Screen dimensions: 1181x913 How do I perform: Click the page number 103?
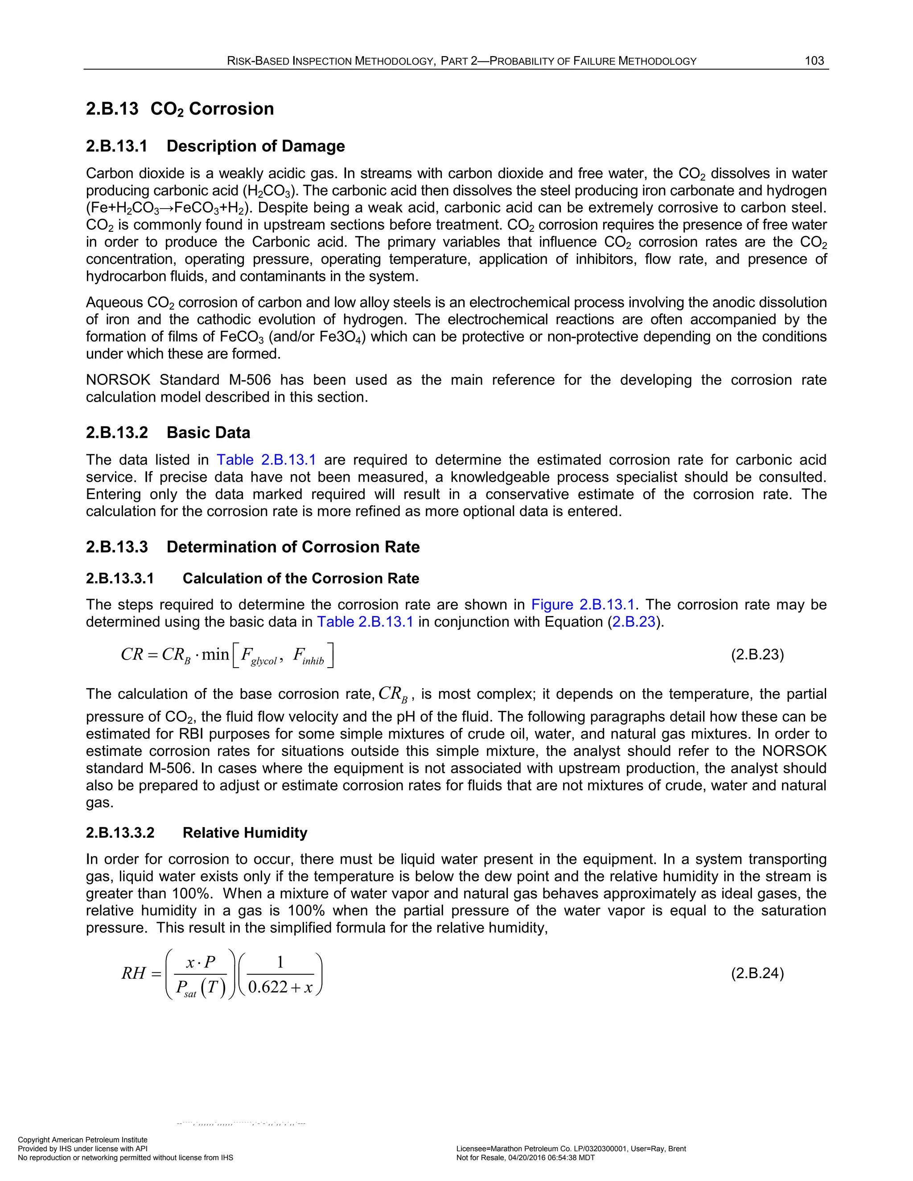coord(814,61)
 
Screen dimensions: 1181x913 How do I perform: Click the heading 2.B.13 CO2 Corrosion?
coord(180,109)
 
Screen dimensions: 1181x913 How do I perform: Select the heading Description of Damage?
coord(255,146)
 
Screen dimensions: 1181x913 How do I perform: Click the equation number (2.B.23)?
coord(757,655)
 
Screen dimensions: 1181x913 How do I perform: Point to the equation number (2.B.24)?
coord(757,973)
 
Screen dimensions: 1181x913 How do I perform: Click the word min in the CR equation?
coord(215,655)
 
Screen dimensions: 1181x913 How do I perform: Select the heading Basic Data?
coord(208,433)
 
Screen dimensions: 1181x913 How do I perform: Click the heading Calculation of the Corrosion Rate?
coord(301,578)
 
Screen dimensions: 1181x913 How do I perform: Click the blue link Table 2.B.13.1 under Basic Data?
coord(266,460)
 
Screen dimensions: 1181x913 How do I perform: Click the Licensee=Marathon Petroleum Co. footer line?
coord(571,1148)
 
